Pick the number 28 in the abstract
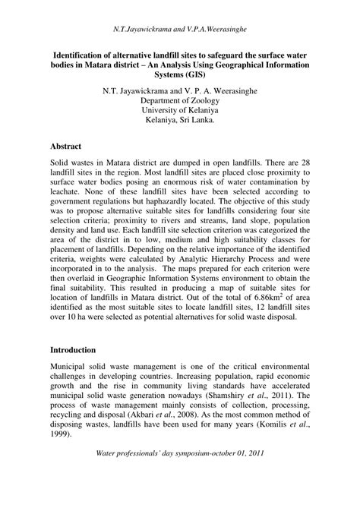tap(304, 165)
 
